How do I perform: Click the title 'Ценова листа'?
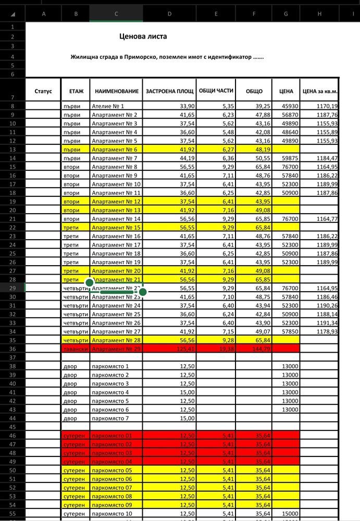(143, 37)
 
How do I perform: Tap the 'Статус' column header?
(43, 91)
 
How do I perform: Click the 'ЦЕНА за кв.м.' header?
(320, 91)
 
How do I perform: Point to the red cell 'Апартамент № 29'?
(116, 349)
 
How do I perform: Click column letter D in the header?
(169, 14)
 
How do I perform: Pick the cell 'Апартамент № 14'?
(116, 219)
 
